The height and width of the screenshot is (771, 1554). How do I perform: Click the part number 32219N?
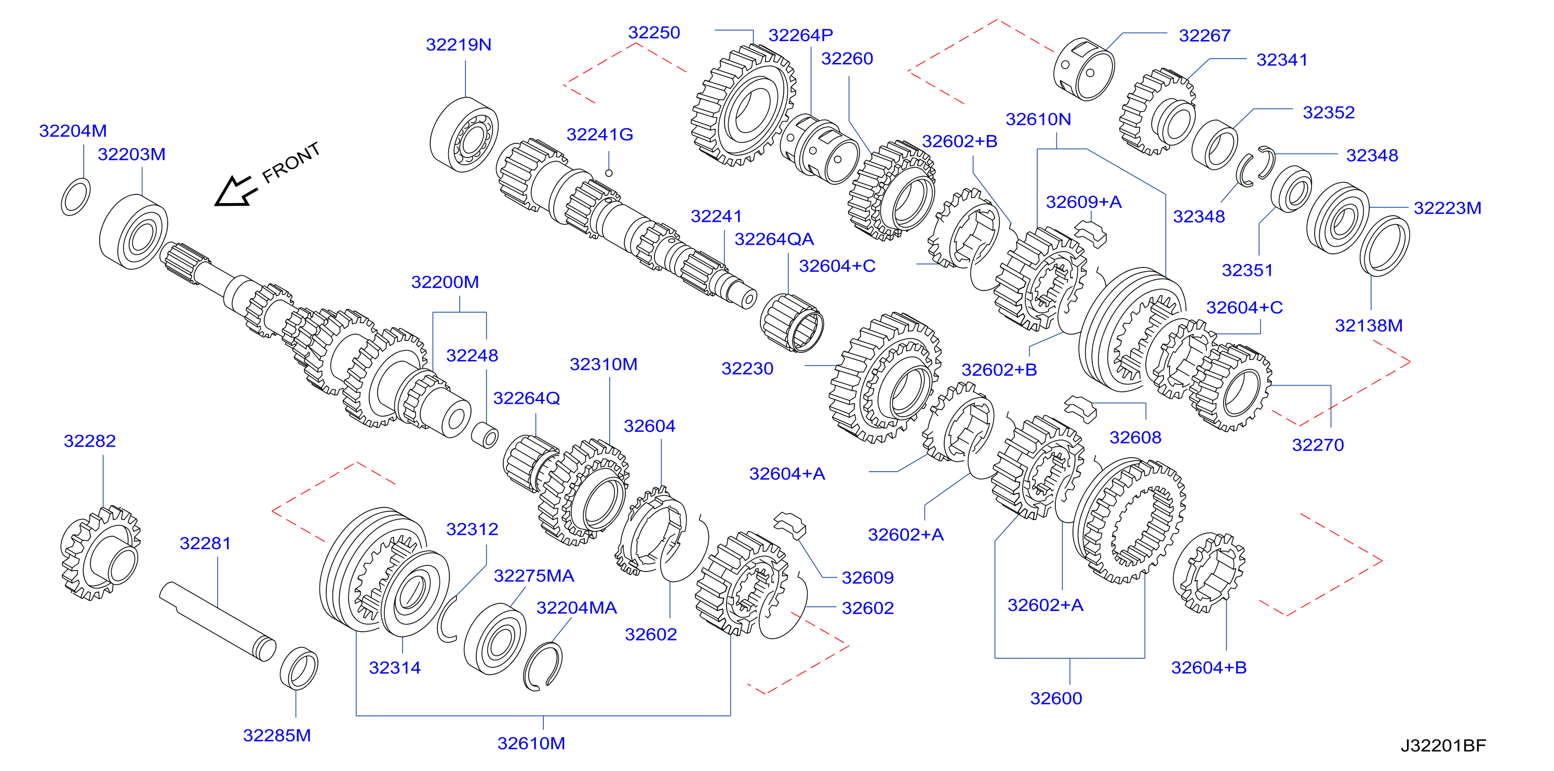pyautogui.click(x=459, y=45)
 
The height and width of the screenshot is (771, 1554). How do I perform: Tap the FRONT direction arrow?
pyautogui.click(x=236, y=191)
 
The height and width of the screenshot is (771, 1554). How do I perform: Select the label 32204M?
pyautogui.click(x=73, y=131)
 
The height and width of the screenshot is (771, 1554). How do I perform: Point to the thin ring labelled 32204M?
pyautogui.click(x=76, y=197)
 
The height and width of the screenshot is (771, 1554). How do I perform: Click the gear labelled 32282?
pyautogui.click(x=101, y=553)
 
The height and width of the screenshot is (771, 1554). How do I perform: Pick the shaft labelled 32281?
pyautogui.click(x=218, y=621)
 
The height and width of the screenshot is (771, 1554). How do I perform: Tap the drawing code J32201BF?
pyautogui.click(x=1443, y=746)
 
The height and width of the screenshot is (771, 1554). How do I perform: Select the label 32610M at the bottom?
pyautogui.click(x=531, y=743)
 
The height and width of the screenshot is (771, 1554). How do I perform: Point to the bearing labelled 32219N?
pyautogui.click(x=464, y=135)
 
